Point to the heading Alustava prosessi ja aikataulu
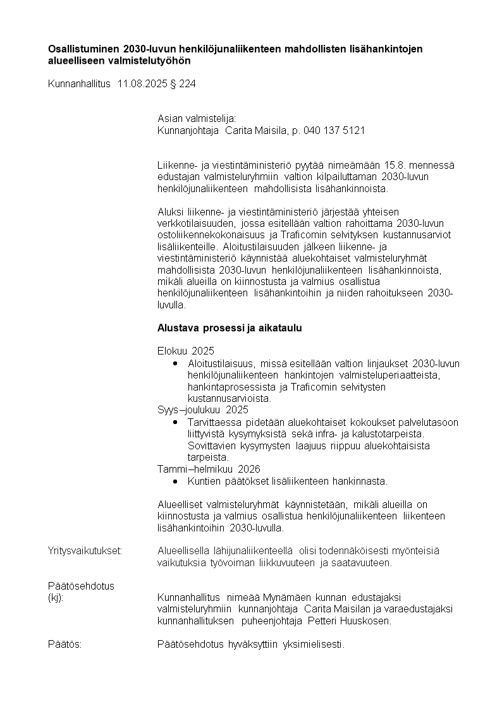230,329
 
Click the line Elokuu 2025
186,351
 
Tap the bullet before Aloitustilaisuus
175,364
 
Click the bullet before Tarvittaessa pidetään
175,422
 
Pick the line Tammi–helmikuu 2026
209,469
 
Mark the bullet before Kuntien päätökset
175,482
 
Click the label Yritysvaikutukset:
85,551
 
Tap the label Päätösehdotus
81,586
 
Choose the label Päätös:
64,645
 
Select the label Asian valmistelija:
196,118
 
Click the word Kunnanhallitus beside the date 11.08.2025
80,83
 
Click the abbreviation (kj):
56,597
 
